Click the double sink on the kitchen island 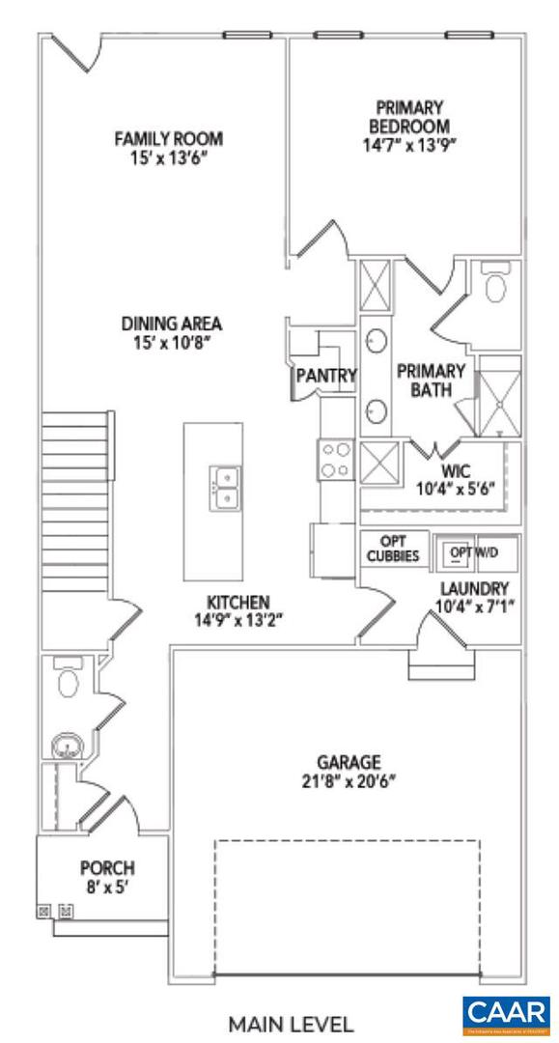click(224, 487)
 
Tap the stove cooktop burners click(338, 459)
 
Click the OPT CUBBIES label click(394, 549)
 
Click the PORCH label click(107, 867)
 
